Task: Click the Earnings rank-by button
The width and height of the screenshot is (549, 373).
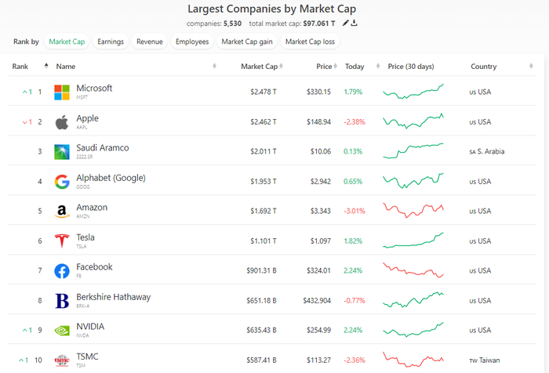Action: coord(111,42)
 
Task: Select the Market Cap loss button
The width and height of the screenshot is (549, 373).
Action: coord(310,42)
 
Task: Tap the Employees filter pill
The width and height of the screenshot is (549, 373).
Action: coord(192,42)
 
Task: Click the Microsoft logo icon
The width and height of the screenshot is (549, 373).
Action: coord(62,92)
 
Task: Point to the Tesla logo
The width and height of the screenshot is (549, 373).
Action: coord(62,241)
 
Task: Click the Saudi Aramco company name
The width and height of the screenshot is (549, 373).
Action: coord(102,147)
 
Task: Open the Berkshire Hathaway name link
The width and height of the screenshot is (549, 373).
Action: coord(113,297)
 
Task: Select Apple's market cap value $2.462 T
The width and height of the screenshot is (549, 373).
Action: coord(264,122)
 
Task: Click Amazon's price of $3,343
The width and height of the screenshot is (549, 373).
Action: coord(318,212)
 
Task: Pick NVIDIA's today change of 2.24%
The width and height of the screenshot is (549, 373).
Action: coord(354,331)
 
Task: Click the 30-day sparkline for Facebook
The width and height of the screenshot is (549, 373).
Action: coord(413,270)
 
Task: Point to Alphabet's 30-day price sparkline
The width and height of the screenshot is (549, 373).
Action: coord(413,181)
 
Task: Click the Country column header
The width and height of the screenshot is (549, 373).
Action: coord(483,67)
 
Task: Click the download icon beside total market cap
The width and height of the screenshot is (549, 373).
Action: coord(354,24)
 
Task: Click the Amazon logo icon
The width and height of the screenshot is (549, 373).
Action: coord(62,212)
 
